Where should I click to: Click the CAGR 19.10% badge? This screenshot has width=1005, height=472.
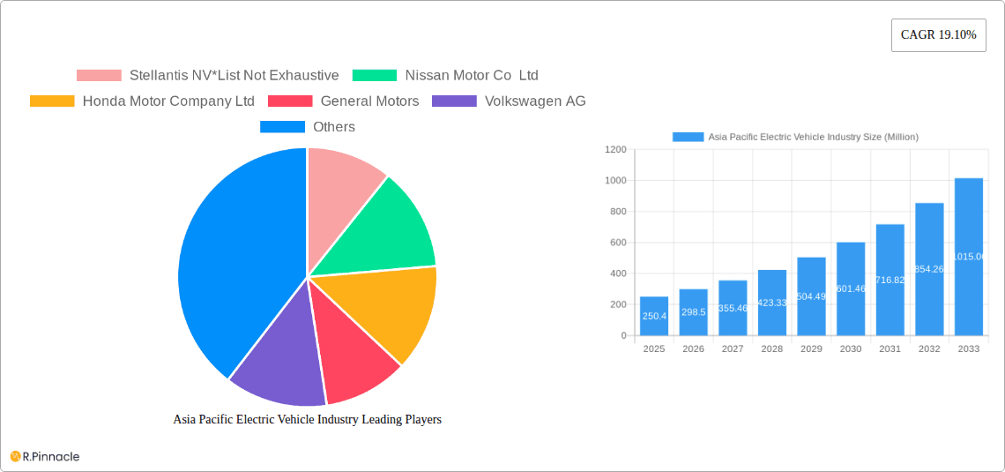938,35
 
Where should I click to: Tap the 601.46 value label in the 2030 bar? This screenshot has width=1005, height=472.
851,288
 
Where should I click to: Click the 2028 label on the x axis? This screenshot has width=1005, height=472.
771,349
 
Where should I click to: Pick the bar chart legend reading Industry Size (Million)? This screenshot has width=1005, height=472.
812,137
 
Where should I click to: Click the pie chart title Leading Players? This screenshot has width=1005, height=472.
307,420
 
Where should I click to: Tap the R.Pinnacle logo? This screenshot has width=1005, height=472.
46,456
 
